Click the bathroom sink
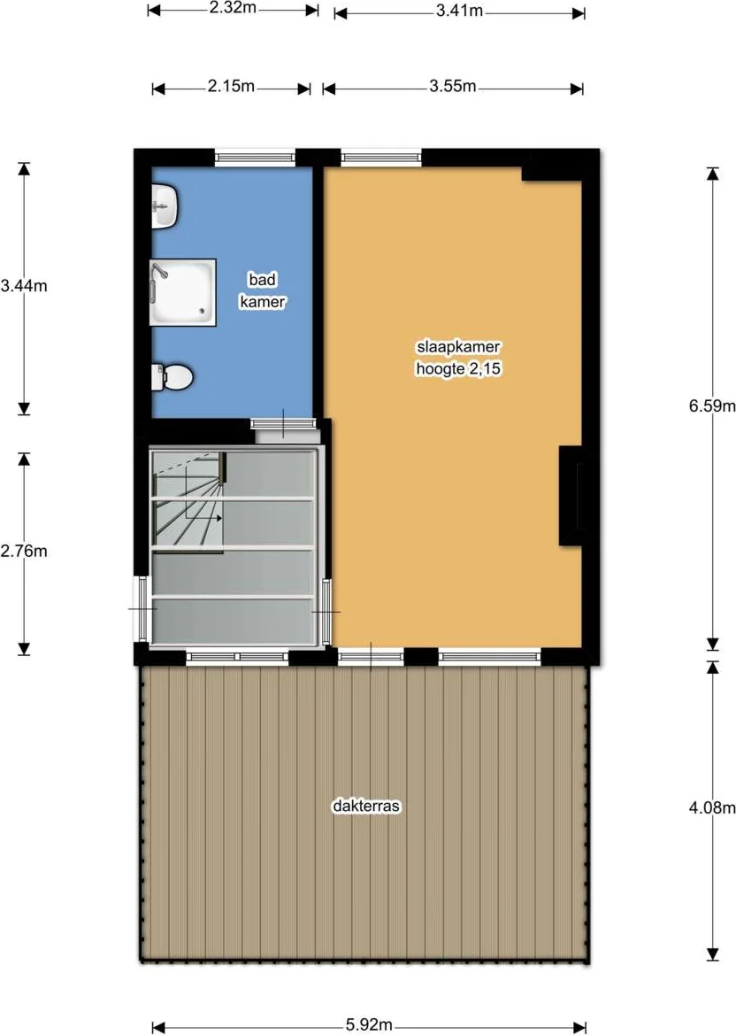(165, 206)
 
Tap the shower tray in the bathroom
(183, 292)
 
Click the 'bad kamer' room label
(263, 290)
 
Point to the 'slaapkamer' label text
(458, 346)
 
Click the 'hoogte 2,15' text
(458, 368)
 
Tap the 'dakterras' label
(366, 806)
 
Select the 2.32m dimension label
(233, 9)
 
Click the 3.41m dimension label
(459, 12)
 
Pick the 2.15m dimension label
(231, 87)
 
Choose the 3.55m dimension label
(452, 87)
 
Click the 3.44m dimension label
(24, 286)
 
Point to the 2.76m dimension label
(24, 552)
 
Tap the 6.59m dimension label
(712, 406)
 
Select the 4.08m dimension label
(712, 807)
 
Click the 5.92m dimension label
(369, 1025)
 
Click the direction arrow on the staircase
(203, 517)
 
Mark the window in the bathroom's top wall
(256, 157)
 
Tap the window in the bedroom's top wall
(381, 157)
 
